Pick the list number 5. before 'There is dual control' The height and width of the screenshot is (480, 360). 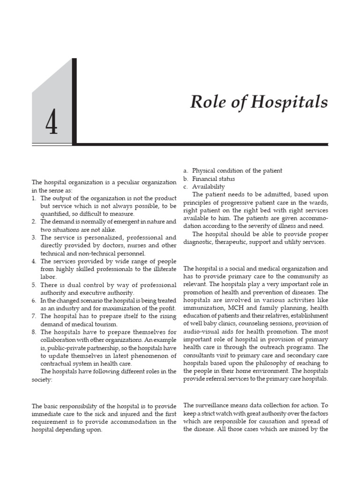click(x=34, y=285)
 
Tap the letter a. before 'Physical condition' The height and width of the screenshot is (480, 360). click(x=186, y=170)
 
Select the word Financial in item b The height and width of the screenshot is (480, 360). click(x=206, y=179)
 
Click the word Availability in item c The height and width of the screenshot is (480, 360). click(x=209, y=187)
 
